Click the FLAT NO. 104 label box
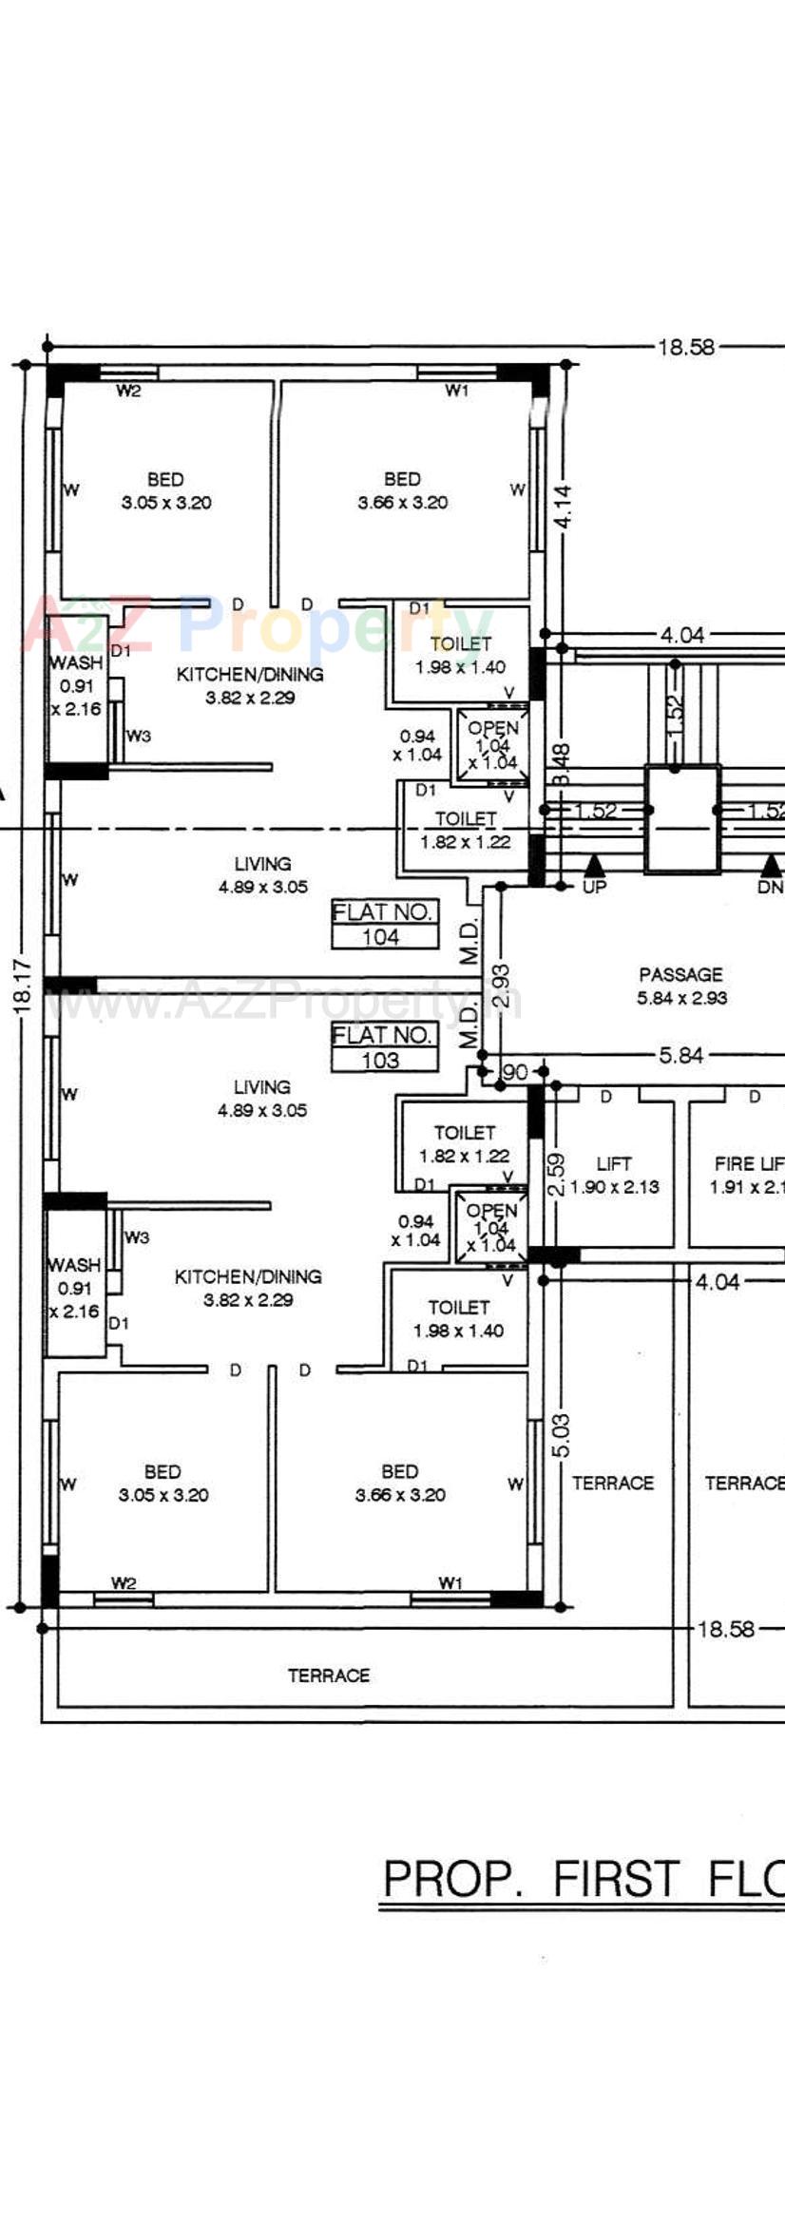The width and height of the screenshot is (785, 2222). tap(384, 924)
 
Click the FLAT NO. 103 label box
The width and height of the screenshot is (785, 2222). tap(384, 1047)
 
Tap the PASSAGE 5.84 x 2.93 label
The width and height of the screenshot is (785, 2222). tap(680, 986)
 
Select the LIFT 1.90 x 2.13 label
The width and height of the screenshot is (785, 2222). tap(614, 1176)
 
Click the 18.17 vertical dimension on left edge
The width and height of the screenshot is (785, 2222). tap(25, 985)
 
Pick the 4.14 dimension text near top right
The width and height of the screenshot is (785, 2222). tap(565, 507)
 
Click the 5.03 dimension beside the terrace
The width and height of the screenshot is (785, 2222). tap(562, 1435)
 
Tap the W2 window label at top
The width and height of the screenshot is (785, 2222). tap(128, 391)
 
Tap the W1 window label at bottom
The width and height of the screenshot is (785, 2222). tap(450, 1582)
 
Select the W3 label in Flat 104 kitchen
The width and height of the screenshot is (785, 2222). tap(139, 736)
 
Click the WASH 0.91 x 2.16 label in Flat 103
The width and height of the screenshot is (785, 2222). tap(75, 1288)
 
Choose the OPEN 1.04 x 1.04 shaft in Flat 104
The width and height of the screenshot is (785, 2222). tap(493, 745)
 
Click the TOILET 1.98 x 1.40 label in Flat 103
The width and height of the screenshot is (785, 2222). tap(459, 1319)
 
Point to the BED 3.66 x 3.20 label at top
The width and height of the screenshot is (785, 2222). tap(402, 490)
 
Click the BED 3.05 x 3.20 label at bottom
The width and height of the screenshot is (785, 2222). tap(163, 1483)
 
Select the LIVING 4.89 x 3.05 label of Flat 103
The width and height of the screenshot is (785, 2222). tap(261, 1098)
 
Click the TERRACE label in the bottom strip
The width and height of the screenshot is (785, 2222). tap(329, 1675)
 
